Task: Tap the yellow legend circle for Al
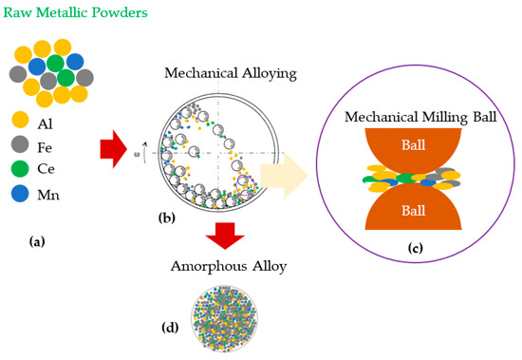(19, 120)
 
